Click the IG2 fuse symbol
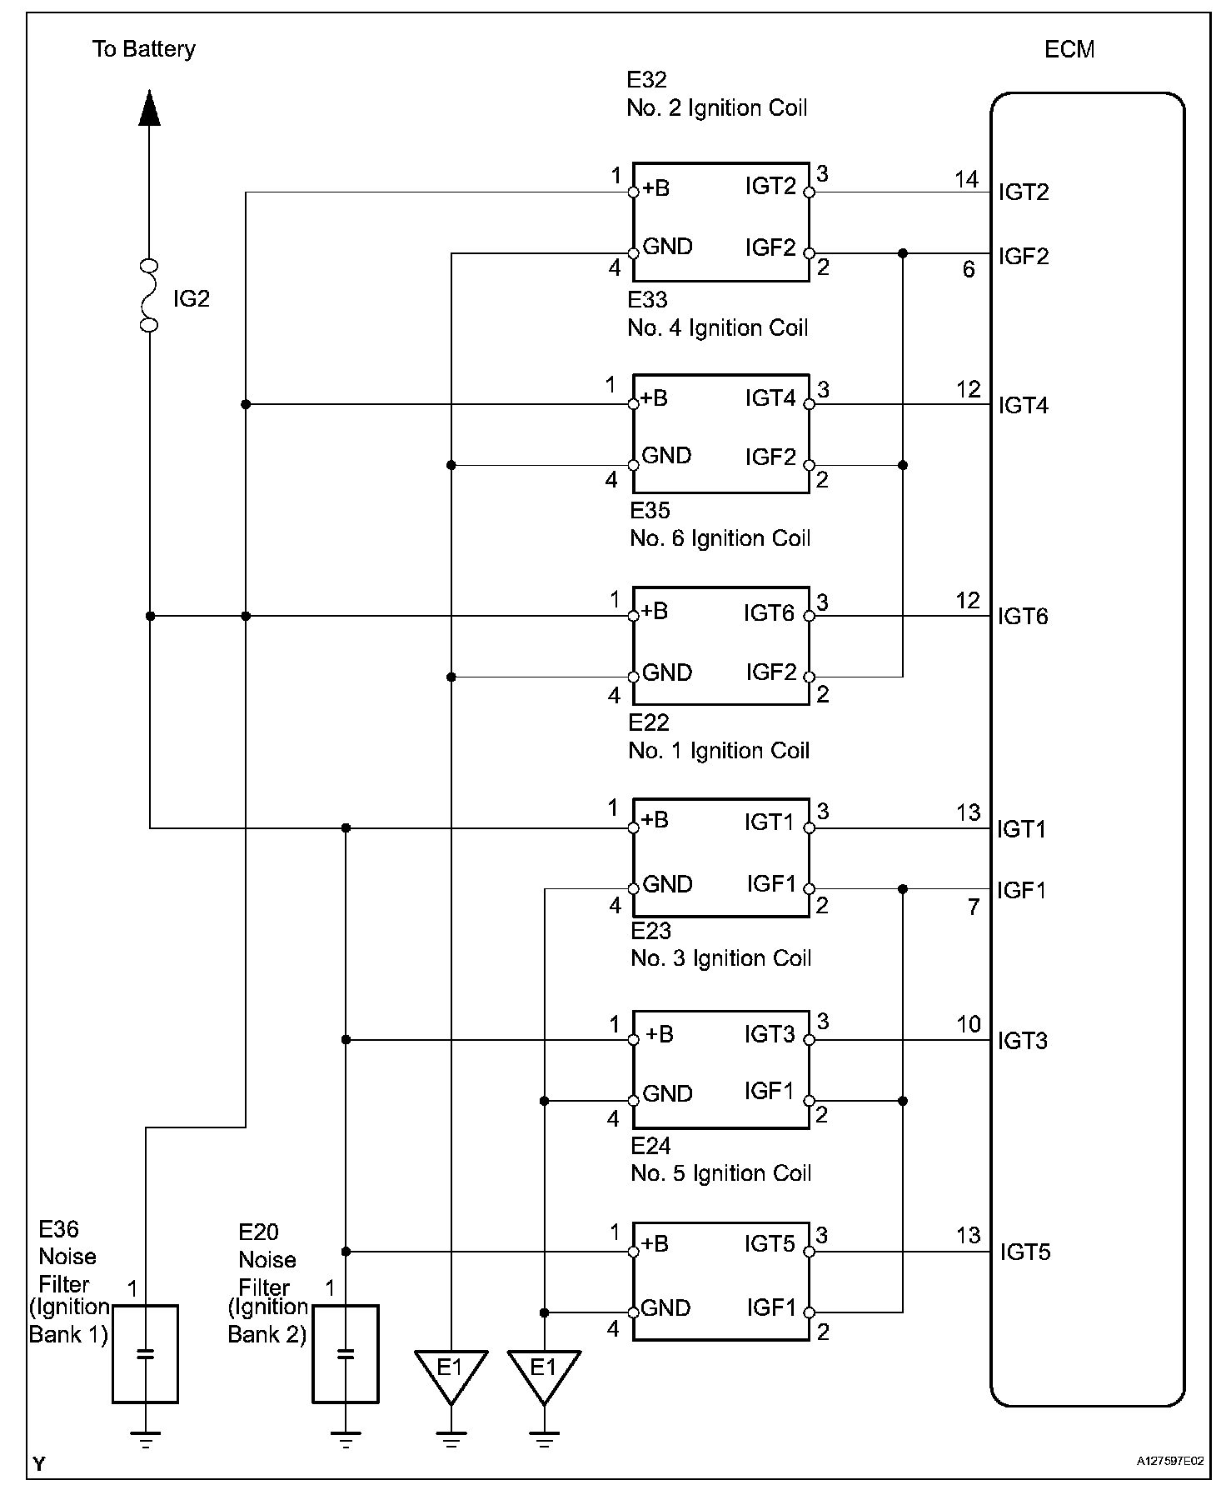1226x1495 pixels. [149, 296]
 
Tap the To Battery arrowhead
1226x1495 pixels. [149, 107]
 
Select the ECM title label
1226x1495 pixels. [1069, 50]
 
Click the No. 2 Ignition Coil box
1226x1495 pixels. [720, 222]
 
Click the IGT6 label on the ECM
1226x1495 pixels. [1023, 617]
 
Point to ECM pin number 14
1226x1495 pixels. [966, 179]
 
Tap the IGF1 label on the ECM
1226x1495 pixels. [1022, 891]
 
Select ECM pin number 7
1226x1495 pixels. [974, 907]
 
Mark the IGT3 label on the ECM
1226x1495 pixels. [1023, 1041]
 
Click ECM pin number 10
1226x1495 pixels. [968, 1025]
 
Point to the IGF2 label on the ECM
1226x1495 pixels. [1024, 256]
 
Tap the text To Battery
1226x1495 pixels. [144, 49]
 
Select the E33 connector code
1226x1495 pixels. [647, 299]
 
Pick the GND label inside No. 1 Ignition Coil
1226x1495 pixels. [667, 884]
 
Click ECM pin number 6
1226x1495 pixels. [969, 270]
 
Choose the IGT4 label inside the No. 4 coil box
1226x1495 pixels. [770, 397]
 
